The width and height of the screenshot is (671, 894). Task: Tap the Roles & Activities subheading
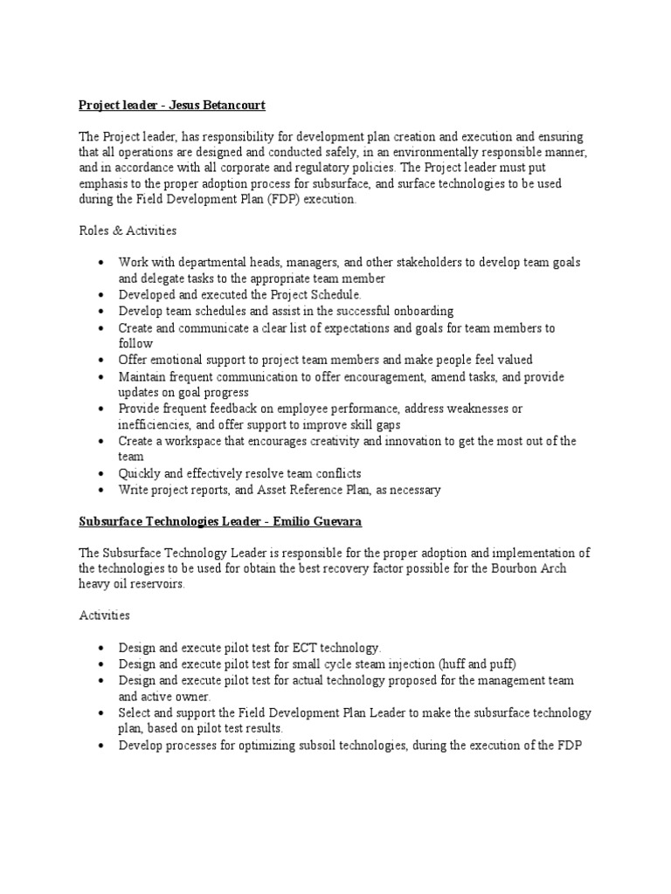(x=128, y=231)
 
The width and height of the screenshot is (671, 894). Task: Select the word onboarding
(x=423, y=311)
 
